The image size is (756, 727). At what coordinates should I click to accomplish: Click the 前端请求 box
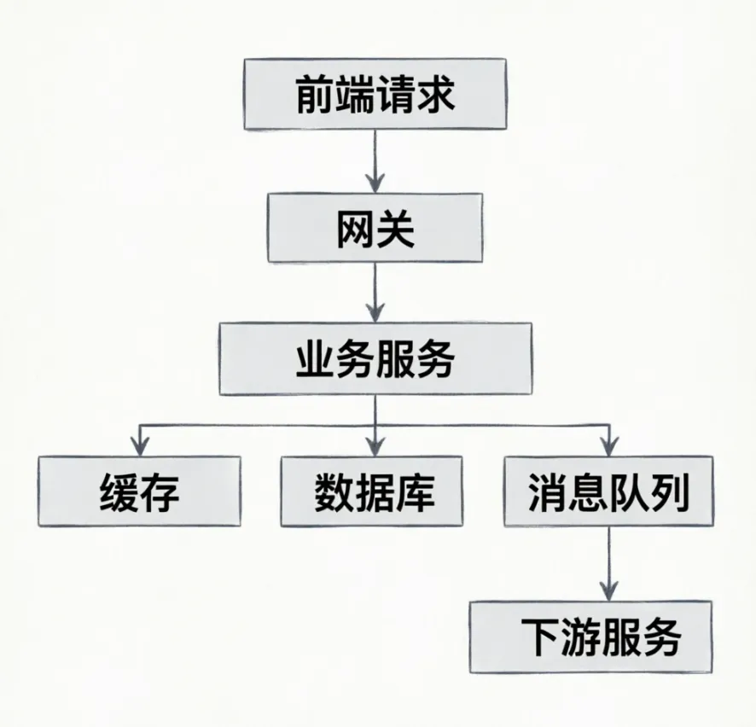pyautogui.click(x=375, y=94)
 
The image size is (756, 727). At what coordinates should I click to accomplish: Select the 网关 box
pyautogui.click(x=375, y=228)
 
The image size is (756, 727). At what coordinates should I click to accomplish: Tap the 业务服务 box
pyautogui.click(x=375, y=359)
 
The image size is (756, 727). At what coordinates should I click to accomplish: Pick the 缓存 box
pyautogui.click(x=139, y=491)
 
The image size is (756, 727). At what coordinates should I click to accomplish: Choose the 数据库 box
pyautogui.click(x=372, y=491)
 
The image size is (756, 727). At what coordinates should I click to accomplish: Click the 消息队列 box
pyautogui.click(x=608, y=491)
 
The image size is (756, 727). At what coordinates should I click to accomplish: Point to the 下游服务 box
pyautogui.click(x=590, y=637)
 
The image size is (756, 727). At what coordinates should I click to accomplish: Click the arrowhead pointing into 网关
pyautogui.click(x=375, y=183)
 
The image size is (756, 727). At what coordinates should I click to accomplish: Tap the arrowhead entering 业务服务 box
pyautogui.click(x=375, y=313)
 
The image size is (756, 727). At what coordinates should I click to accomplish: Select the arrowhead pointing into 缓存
pyautogui.click(x=140, y=446)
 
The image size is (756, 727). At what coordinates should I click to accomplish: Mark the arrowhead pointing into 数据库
pyautogui.click(x=375, y=446)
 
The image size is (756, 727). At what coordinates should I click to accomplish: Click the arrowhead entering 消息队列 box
pyautogui.click(x=609, y=446)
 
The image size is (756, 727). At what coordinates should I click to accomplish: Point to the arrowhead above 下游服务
pyautogui.click(x=609, y=590)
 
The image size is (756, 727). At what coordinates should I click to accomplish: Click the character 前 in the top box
pyautogui.click(x=316, y=94)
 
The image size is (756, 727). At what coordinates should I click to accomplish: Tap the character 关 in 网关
pyautogui.click(x=395, y=228)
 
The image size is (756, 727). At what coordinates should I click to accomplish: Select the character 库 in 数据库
pyautogui.click(x=416, y=491)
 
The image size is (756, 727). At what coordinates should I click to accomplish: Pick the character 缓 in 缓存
pyautogui.click(x=119, y=491)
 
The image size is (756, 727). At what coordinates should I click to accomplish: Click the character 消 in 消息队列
pyautogui.click(x=547, y=491)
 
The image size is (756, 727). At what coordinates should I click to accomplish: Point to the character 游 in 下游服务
pyautogui.click(x=580, y=637)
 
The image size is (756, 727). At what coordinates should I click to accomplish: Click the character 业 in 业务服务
pyautogui.click(x=316, y=359)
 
